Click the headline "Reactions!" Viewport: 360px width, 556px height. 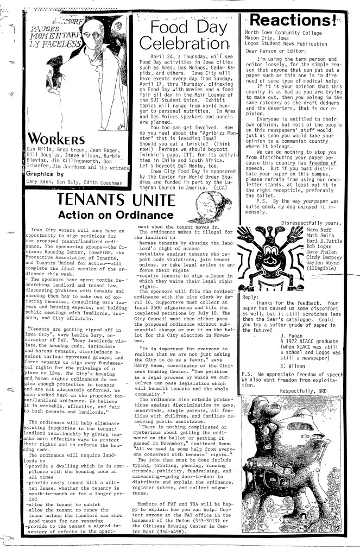tap(293, 20)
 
